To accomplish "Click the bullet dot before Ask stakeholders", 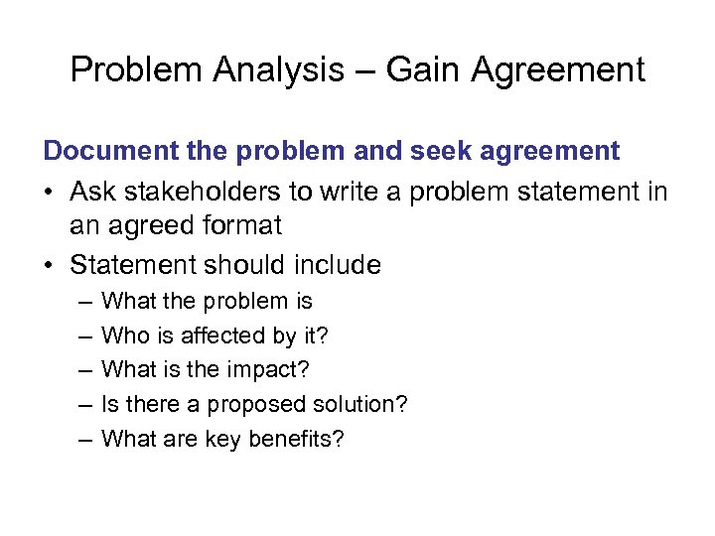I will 52,190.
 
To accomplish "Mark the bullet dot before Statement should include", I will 52,265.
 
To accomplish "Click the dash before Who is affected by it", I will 81,336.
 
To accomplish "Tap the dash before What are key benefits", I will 81,440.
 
